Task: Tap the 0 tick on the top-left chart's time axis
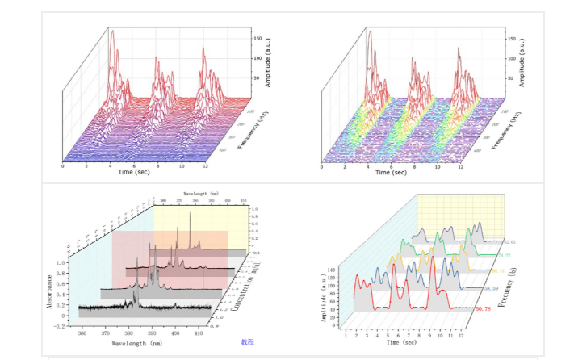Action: coord(63,166)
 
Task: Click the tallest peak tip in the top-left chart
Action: coord(111,31)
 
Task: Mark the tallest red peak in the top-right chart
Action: coord(369,31)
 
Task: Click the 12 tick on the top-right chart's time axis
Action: coord(460,166)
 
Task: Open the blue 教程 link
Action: coord(248,342)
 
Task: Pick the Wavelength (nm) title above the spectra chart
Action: coord(201,194)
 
